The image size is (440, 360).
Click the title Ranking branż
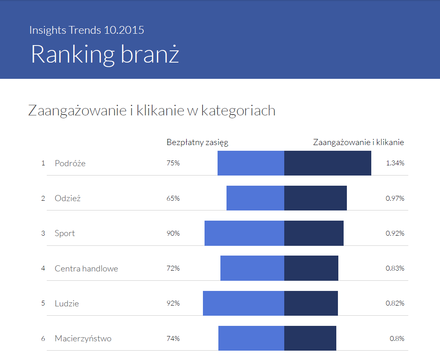pyautogui.click(x=105, y=54)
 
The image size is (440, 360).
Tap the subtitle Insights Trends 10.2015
pyautogui.click(x=87, y=30)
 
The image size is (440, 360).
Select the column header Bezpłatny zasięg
pyautogui.click(x=197, y=142)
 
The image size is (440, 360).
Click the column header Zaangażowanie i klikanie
pyautogui.click(x=358, y=142)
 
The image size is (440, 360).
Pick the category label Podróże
pyautogui.click(x=70, y=163)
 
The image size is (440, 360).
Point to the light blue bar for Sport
pyautogui.click(x=244, y=233)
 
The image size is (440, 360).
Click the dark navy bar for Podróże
pyautogui.click(x=327, y=163)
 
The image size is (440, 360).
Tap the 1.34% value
pyautogui.click(x=395, y=163)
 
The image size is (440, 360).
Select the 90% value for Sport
pyautogui.click(x=173, y=233)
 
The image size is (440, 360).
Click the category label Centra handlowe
pyautogui.click(x=86, y=268)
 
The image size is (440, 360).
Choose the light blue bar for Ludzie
pyautogui.click(x=243, y=303)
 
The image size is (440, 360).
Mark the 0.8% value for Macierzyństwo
pyautogui.click(x=397, y=338)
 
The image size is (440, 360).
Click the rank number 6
pyautogui.click(x=43, y=338)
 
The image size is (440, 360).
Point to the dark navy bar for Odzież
pyautogui.click(x=315, y=198)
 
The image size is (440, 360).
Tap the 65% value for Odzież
pyautogui.click(x=173, y=198)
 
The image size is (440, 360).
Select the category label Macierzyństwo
pyautogui.click(x=83, y=338)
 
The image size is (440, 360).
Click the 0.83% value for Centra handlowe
pyautogui.click(x=395, y=268)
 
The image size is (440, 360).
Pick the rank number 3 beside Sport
pyautogui.click(x=43, y=233)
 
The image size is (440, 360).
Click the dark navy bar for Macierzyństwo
pyautogui.click(x=310, y=338)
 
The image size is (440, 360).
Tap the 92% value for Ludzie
pyautogui.click(x=173, y=303)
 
